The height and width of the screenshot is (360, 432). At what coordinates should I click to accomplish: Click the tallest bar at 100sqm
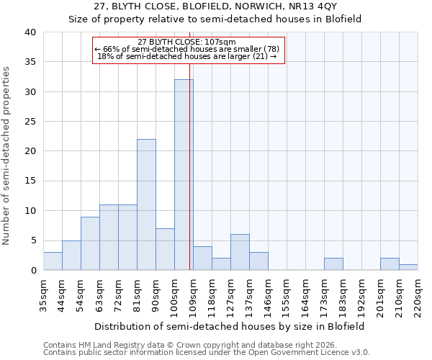184,175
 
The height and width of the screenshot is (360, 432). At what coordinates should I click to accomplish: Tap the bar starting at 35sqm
53,261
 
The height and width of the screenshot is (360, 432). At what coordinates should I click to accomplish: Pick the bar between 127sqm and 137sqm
240,253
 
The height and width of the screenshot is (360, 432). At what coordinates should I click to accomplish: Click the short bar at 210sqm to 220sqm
408,267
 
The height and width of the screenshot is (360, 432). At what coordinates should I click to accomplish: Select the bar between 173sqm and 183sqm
333,264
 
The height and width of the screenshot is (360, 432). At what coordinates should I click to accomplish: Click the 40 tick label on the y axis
30,32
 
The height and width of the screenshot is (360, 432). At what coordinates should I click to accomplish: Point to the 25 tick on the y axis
30,122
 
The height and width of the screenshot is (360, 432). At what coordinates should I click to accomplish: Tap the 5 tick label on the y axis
32,240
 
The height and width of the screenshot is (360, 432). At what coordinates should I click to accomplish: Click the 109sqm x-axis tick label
193,294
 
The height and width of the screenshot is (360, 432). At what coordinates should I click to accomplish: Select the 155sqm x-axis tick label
287,294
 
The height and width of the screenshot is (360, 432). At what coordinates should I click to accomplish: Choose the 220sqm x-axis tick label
418,294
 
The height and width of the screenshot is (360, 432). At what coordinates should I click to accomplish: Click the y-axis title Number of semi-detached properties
6,156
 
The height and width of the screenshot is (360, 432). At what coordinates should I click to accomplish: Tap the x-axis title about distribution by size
230,326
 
